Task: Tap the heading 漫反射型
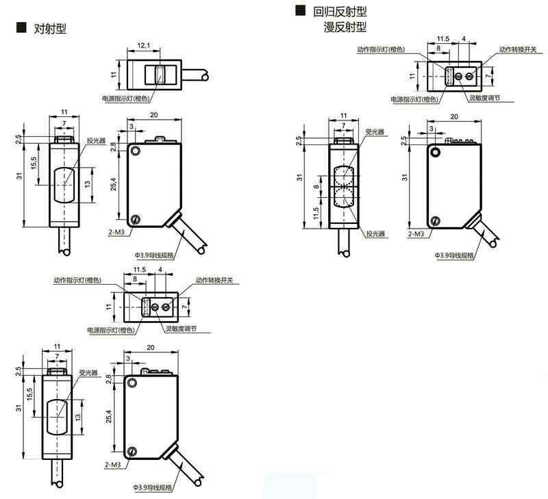point(345,27)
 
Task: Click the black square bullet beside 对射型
point(20,28)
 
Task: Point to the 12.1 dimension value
point(144,46)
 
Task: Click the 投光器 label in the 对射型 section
point(97,140)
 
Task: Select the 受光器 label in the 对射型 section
point(88,373)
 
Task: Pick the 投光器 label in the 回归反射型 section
point(375,233)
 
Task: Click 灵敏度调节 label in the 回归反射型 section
point(484,99)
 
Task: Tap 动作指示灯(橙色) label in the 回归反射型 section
point(381,49)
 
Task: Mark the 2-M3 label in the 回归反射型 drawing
point(415,233)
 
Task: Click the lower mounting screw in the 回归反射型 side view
point(435,221)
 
